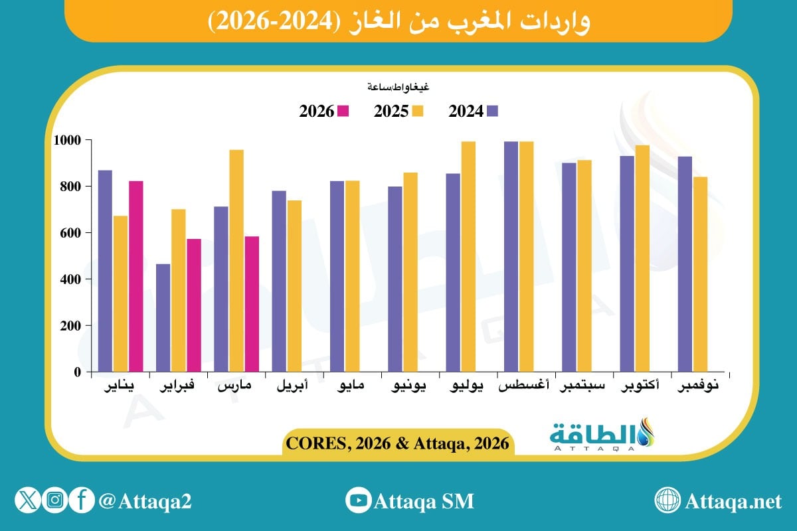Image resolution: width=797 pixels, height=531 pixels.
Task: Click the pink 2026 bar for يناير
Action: [x=136, y=276]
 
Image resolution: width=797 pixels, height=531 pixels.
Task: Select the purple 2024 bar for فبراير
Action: [x=163, y=318]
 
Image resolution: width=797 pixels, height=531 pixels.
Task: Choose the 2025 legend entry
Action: [x=398, y=112]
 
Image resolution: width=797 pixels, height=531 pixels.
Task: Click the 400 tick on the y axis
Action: [x=71, y=279]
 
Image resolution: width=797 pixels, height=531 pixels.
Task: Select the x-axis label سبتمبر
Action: [x=583, y=386]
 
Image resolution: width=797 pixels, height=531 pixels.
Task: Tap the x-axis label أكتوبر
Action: [x=641, y=386]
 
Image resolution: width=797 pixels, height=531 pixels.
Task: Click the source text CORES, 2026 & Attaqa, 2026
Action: [x=397, y=443]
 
